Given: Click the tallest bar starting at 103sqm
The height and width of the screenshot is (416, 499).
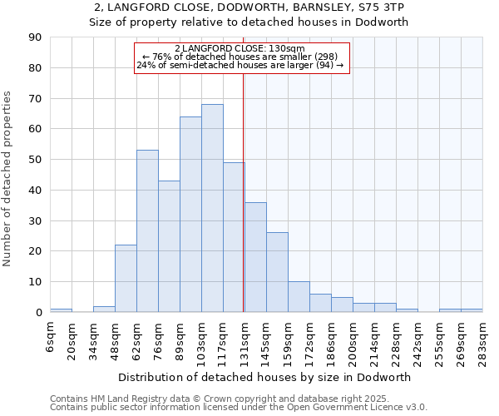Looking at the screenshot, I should [212, 208].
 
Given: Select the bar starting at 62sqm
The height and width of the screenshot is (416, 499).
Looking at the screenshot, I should [147, 231].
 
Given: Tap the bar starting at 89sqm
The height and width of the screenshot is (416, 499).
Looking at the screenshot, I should [190, 215].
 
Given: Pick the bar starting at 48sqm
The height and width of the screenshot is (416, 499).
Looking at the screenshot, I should [126, 279].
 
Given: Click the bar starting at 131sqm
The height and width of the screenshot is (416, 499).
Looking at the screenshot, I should [255, 257].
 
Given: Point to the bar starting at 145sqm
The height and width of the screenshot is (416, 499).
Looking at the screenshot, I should [277, 272].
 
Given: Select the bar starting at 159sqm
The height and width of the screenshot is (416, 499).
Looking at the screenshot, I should [299, 297].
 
